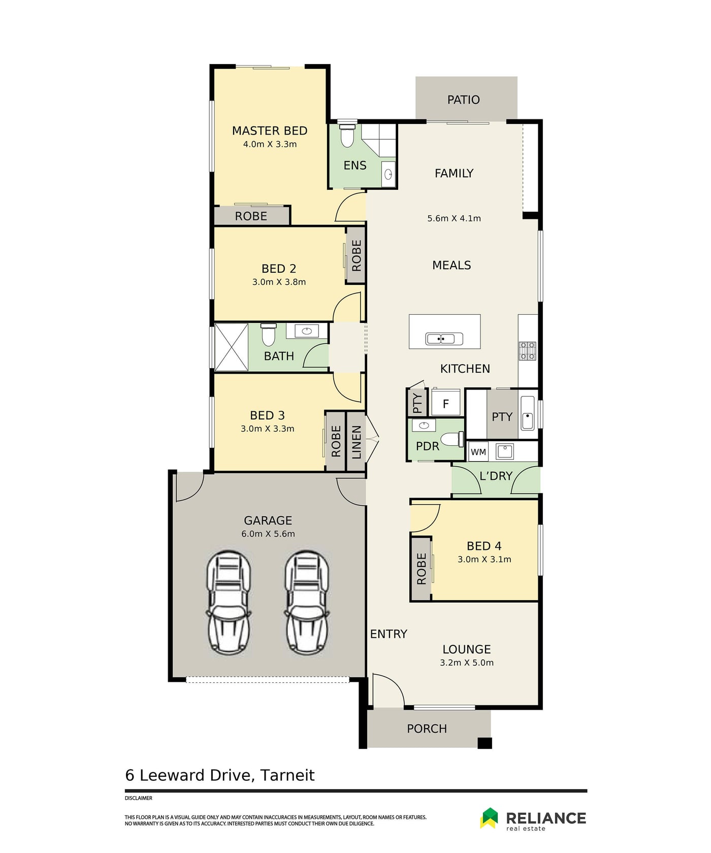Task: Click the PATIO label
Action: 463,100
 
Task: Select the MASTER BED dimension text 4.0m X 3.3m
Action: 270,144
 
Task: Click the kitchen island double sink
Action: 444,339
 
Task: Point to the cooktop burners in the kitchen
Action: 527,351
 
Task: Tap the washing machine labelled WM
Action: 478,452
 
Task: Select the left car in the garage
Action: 229,602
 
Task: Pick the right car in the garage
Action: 307,602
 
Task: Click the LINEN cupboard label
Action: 357,442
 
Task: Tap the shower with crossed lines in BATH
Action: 231,347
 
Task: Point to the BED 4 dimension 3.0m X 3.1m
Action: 484,560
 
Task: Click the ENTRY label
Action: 389,634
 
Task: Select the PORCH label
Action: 427,729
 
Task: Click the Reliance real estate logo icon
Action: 490,818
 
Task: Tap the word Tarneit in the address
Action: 287,775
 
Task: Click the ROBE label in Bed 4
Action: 422,569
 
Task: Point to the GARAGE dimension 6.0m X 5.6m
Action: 268,534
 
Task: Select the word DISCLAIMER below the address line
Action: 139,798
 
